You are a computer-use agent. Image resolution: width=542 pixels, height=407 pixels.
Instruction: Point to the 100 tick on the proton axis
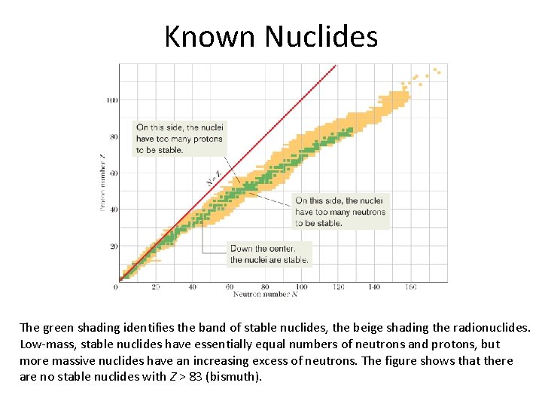click(111, 99)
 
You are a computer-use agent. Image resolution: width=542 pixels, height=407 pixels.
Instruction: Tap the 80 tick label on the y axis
click(113, 136)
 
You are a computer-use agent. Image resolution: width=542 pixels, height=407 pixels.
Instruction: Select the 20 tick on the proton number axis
click(113, 246)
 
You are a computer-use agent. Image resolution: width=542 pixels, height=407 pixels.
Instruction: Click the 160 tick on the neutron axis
click(411, 287)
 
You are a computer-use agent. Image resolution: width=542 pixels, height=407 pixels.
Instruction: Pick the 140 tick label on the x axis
click(374, 287)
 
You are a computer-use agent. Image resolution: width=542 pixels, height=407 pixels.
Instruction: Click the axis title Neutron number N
click(266, 295)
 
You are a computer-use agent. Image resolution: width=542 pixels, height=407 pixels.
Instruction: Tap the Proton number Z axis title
click(102, 182)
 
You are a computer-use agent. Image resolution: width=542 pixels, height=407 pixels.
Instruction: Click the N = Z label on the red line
click(214, 178)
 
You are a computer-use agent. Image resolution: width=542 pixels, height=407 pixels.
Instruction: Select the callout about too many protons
click(179, 139)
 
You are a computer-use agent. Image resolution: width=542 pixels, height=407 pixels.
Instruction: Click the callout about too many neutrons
click(340, 212)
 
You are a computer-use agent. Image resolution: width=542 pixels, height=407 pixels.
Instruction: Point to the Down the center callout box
click(269, 254)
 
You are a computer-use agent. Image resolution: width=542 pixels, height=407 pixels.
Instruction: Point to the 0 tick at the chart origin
click(116, 287)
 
